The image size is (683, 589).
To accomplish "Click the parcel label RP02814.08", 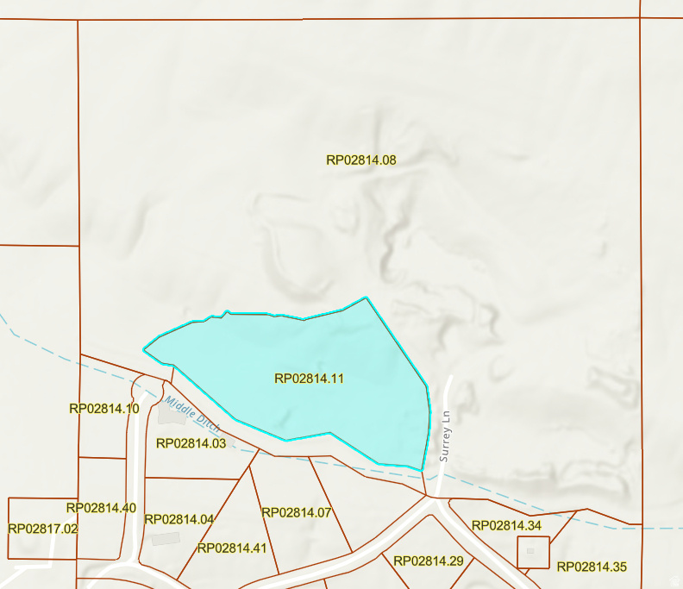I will coord(360,160).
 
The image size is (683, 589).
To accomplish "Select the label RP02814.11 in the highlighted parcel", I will coord(309,378).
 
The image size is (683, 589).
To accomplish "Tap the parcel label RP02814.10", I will coord(103,408).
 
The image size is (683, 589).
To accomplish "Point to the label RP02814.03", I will coord(191,443).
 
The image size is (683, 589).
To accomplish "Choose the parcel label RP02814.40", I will coord(101,508).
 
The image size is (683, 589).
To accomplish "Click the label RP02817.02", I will coord(43,529).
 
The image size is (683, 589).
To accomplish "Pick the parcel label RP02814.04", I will coord(179,519).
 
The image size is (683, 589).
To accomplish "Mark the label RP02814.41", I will coord(232,548).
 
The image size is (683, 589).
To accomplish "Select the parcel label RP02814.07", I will coord(297,512).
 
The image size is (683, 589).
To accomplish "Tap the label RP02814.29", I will coord(429,561).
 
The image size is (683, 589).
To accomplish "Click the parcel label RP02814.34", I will coord(506,525).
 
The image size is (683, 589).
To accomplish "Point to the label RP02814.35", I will coord(592,567).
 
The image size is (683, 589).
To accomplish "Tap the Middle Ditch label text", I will coord(193,414).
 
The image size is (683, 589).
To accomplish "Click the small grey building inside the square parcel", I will coord(530,550).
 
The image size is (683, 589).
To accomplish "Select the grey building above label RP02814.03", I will coord(170,415).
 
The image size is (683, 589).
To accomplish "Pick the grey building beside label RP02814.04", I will coord(165,538).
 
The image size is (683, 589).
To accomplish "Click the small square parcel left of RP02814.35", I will coord(533,552).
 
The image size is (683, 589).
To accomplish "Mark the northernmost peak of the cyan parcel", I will coord(367,298).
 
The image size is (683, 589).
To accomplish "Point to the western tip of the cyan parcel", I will coord(144,349).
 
